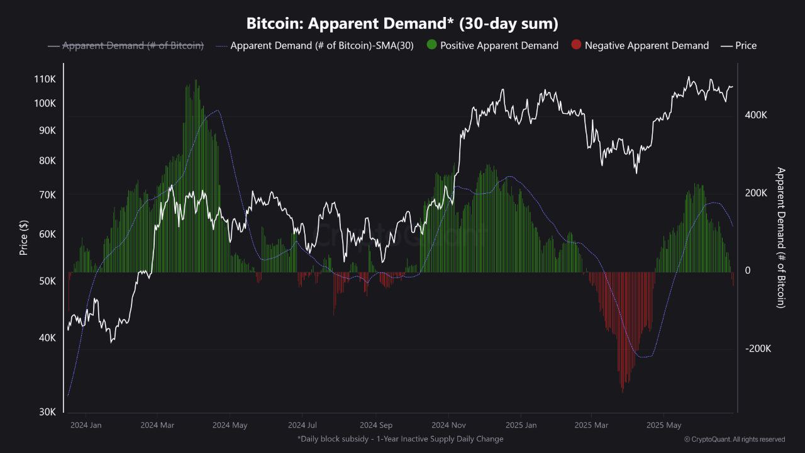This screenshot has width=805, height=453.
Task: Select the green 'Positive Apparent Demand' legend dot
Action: [x=432, y=45]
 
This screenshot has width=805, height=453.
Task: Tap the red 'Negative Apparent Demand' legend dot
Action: [x=576, y=45]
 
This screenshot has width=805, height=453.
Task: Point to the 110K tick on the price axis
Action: [x=45, y=79]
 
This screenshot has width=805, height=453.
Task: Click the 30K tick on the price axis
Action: [x=47, y=411]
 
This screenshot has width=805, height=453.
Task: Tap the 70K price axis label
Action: [x=47, y=195]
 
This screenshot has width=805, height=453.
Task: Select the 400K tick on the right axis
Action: [x=756, y=115]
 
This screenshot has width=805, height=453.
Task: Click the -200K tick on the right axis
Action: [x=757, y=349]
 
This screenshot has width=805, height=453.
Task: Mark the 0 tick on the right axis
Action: [x=747, y=271]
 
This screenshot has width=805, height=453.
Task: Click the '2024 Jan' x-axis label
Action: [x=86, y=425]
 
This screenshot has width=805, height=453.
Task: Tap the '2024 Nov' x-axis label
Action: [x=449, y=425]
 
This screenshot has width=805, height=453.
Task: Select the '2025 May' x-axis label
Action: [x=665, y=425]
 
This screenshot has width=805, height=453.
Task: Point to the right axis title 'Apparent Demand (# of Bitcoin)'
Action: [x=780, y=237]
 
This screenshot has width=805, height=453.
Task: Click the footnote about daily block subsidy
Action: [x=400, y=439]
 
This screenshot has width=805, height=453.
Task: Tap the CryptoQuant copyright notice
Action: [x=734, y=439]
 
